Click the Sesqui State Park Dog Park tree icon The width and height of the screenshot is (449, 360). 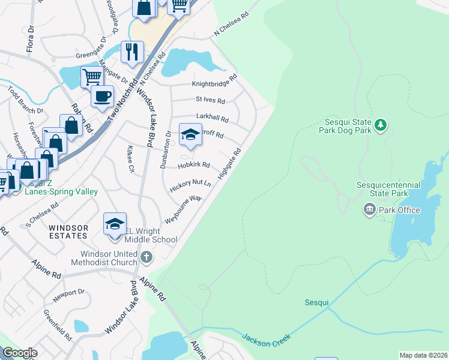380,125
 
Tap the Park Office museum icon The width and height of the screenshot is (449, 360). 369,209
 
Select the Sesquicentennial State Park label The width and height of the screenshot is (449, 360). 382,189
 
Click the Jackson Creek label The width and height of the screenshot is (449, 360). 266,338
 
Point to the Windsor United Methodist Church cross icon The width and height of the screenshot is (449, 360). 146,257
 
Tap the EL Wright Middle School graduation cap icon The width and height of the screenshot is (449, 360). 115,224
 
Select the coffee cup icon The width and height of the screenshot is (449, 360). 103,95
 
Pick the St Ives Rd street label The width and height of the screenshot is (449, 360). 210,100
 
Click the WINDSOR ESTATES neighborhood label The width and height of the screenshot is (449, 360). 68,232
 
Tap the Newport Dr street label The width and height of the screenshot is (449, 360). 68,293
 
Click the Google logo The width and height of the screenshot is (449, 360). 20,353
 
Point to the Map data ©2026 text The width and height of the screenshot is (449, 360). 424,355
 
